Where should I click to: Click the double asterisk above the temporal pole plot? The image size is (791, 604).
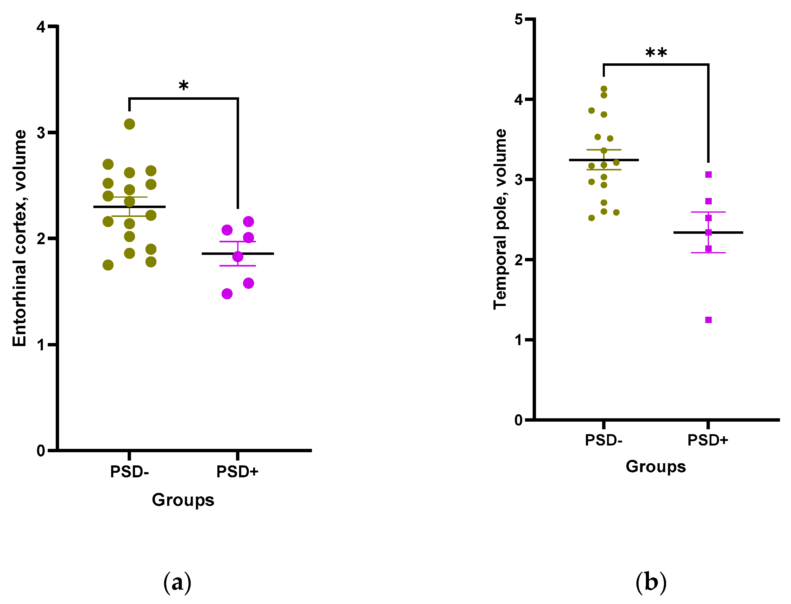656,53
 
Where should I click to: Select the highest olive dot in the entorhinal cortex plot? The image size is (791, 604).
129,124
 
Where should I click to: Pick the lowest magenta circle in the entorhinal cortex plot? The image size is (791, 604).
227,294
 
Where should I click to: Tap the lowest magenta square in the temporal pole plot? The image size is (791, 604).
708,320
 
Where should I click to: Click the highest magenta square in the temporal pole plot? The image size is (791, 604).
708,174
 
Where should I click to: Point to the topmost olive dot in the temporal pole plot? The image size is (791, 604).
604,89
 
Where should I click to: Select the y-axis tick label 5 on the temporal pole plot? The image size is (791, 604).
518,19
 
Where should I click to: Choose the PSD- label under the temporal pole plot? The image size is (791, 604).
603,440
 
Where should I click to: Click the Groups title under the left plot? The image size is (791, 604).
183,500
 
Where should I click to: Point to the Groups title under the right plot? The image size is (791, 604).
655,467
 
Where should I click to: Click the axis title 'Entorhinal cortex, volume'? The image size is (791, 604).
20,238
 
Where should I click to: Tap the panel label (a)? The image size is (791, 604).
177,583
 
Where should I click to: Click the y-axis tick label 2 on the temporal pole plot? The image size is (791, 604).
518,259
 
